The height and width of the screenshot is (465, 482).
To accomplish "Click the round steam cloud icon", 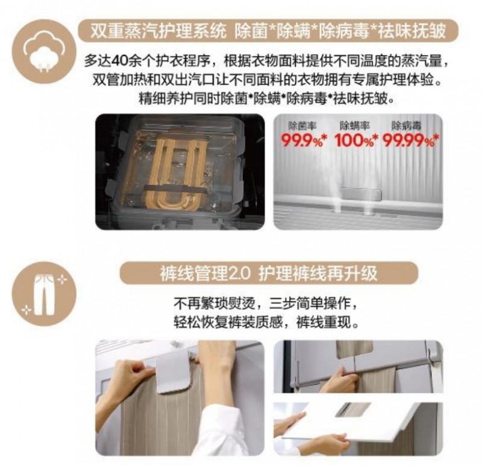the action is point(44,52).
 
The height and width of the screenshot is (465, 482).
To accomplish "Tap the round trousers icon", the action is point(44,294).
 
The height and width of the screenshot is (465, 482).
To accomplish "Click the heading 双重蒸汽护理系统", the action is point(158,31).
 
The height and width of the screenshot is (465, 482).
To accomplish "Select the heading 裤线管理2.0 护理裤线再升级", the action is point(268,273).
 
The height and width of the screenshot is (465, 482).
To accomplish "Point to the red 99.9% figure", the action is point(303,141).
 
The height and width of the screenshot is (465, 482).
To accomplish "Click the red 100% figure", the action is point(355,141).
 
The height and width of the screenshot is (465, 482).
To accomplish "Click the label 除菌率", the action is point(302,125).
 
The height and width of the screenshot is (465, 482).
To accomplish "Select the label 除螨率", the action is point(354,125).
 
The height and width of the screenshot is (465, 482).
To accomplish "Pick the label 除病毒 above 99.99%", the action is point(406,125).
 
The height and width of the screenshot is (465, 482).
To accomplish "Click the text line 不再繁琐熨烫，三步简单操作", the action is point(266,304).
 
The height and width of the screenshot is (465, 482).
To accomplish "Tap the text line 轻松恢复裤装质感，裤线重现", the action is point(266,323).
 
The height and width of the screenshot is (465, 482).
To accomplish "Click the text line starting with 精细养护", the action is point(266,99).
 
